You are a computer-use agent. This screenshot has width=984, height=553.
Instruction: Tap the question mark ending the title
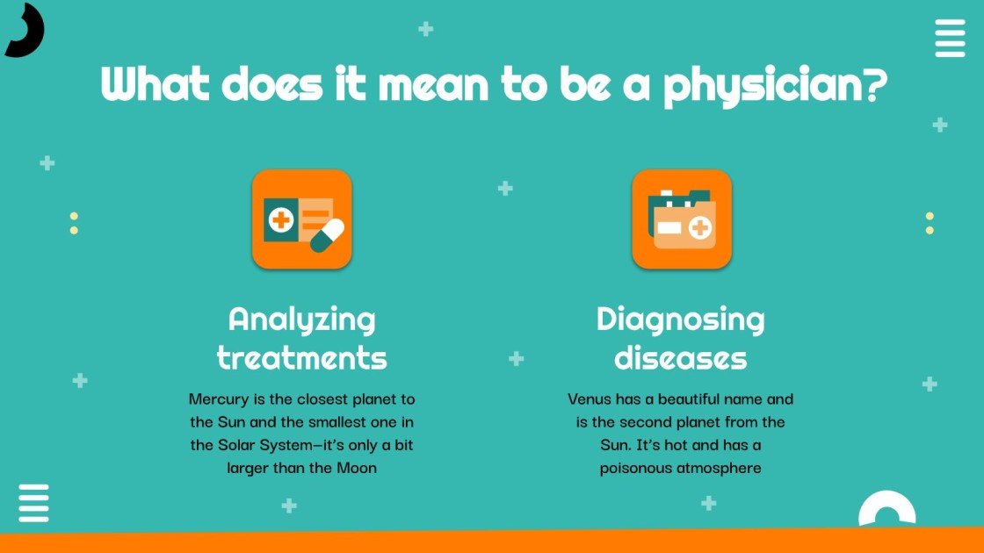coord(872,84)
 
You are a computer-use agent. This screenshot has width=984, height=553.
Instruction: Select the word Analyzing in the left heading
coord(301,319)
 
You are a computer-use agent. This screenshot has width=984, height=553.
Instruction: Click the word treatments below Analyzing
coord(301,357)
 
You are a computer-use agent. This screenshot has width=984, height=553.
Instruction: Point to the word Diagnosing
coord(680,319)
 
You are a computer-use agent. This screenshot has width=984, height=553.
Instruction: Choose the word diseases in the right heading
coord(680,357)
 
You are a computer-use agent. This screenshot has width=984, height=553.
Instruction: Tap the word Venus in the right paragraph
coord(589,399)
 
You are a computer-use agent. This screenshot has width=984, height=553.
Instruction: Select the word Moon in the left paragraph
coord(357,468)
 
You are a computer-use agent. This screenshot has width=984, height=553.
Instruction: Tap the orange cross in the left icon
coord(281,219)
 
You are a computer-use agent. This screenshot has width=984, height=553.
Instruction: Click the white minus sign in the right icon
coord(669,228)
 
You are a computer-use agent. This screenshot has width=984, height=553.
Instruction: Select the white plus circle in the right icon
coord(700,229)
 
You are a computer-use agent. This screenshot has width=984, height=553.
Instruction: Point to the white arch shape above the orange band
coord(886,509)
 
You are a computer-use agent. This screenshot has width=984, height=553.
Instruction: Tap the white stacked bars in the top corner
coord(950,38)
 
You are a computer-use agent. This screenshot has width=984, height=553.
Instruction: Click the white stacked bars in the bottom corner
coord(33,503)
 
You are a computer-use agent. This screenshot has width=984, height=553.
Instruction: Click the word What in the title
coord(155,85)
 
